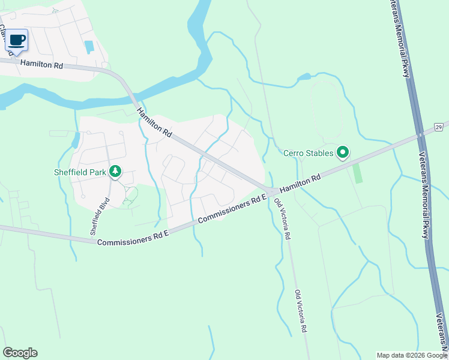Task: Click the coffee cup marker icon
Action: (17, 41)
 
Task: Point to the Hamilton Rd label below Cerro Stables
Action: (300, 182)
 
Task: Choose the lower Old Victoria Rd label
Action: (301, 311)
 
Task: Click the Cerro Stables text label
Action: (308, 153)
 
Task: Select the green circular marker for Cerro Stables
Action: (343, 154)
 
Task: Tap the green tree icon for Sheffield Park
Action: (115, 172)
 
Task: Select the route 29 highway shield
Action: (439, 127)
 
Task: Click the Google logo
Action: (20, 353)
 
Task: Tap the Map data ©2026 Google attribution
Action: (412, 355)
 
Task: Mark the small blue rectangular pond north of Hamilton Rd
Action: (90, 46)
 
